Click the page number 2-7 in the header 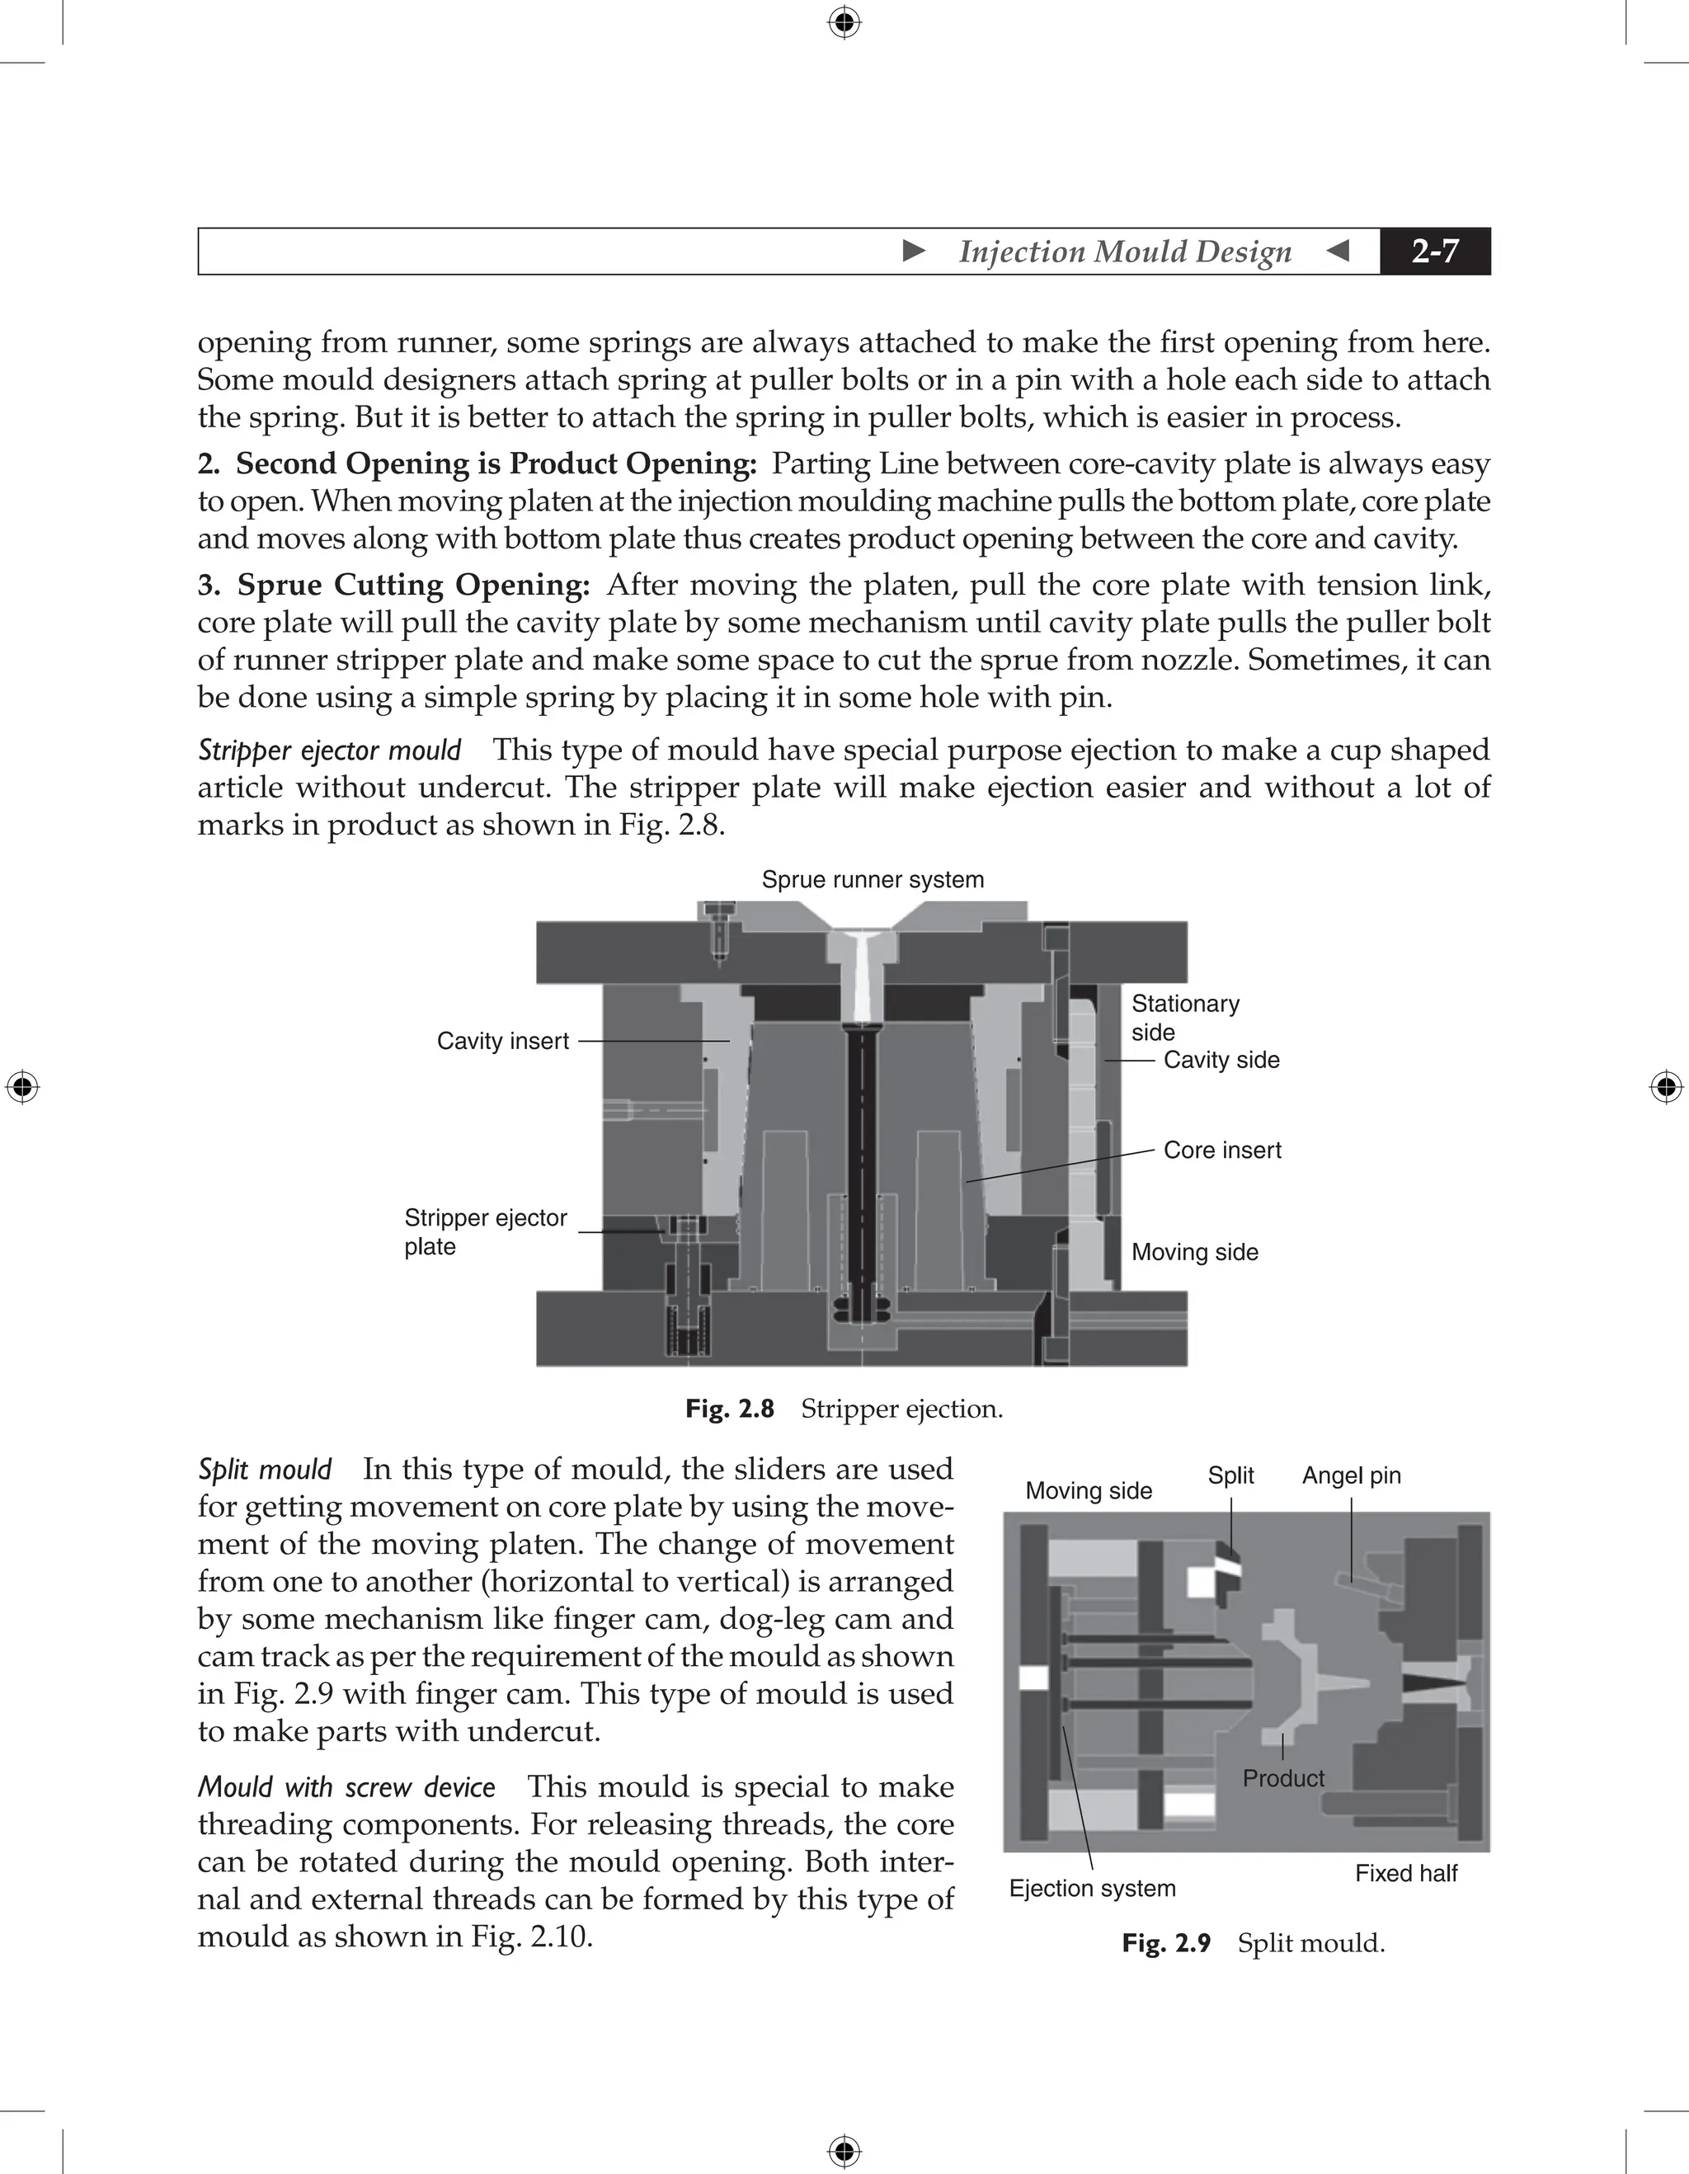point(1434,251)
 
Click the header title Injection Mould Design point(1125,252)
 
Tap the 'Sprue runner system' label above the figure point(872,880)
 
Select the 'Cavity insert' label point(502,1041)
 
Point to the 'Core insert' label point(1221,1151)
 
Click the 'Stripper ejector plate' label point(485,1232)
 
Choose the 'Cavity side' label point(1221,1060)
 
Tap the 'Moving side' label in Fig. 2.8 point(1194,1252)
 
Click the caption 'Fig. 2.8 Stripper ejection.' point(844,1409)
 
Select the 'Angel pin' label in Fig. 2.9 point(1351,1476)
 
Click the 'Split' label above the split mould point(1230,1476)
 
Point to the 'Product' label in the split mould point(1283,1779)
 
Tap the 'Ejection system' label point(1092,1889)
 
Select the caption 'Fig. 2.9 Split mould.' point(1253,1943)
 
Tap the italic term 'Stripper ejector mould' point(329,750)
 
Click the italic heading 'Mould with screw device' point(346,1786)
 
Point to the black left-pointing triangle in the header point(1338,251)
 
